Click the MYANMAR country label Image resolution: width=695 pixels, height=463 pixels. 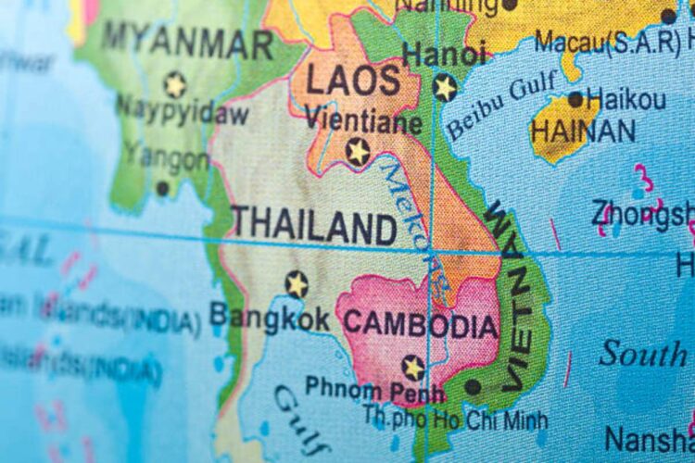point(187,41)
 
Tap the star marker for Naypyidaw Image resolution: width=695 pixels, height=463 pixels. point(174,84)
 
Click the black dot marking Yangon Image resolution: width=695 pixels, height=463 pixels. point(162,188)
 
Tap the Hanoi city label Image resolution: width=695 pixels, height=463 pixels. point(444,54)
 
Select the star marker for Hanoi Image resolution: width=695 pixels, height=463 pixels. point(445,87)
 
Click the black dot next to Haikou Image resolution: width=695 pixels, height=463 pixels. point(575,99)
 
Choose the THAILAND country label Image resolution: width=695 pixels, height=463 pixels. point(314,225)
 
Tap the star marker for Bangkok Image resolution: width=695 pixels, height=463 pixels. point(297,283)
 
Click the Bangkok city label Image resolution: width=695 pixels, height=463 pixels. point(269,318)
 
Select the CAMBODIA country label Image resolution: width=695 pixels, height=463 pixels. point(421,326)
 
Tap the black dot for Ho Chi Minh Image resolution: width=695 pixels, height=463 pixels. point(474,387)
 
